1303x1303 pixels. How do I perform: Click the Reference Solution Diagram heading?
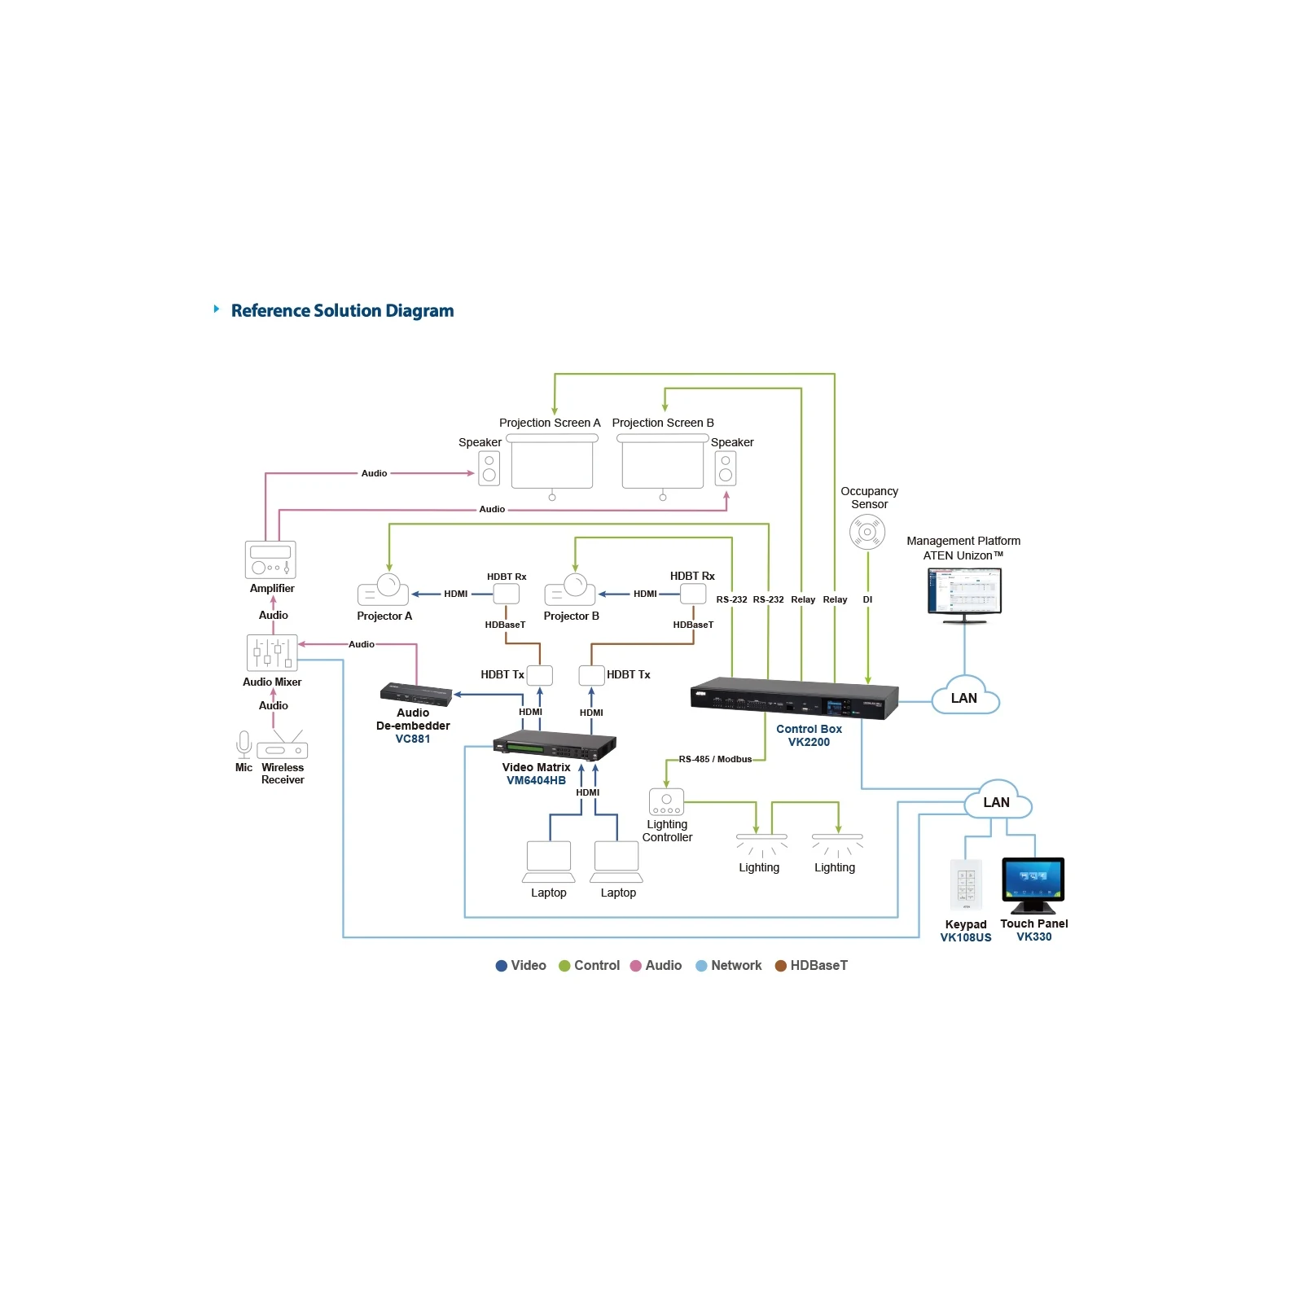342,310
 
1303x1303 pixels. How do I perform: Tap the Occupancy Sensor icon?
867,533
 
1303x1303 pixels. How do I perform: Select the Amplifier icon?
270,559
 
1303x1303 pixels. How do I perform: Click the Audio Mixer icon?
272,652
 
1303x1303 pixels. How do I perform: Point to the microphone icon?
243,744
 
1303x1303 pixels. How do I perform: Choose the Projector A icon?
383,590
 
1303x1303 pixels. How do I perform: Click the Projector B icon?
569,590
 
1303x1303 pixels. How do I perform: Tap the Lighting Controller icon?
666,801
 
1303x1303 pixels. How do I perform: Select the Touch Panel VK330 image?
1033,886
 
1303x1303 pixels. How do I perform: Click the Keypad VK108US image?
966,884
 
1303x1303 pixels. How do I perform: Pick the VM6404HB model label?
536,780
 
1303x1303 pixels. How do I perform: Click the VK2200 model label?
809,742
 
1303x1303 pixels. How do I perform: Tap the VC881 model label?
413,739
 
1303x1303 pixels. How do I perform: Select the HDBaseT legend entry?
811,965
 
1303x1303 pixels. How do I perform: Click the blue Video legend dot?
502,966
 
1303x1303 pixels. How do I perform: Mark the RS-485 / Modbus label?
715,759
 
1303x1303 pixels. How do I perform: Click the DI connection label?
867,599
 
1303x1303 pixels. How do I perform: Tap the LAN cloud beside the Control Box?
965,696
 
